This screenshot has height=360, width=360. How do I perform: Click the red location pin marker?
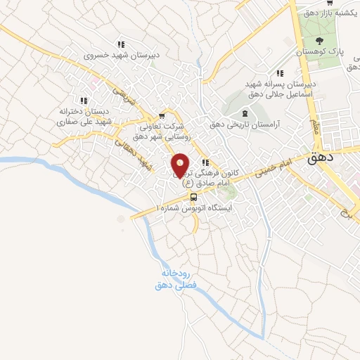[180, 165]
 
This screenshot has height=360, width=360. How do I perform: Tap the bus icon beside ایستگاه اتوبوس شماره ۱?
[193, 198]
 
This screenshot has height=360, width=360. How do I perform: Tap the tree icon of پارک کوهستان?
[320, 41]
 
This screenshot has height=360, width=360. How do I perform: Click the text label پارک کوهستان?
[320, 53]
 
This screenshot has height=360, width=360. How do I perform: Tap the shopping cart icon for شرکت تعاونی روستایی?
[162, 116]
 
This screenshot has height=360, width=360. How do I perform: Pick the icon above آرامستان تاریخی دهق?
[245, 113]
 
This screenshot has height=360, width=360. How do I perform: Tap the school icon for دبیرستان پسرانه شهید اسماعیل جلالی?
[280, 72]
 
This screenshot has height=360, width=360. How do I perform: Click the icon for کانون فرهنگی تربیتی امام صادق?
[205, 162]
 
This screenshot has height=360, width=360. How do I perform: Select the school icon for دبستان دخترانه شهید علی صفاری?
[94, 101]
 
